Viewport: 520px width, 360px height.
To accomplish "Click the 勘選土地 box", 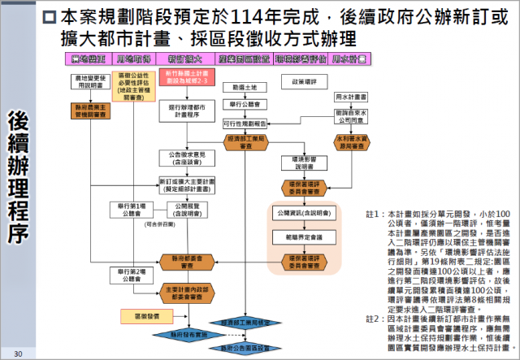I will [x=245, y=87].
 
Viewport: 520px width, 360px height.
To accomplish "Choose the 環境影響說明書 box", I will [x=297, y=160].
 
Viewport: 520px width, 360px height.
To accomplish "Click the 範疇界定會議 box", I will [x=297, y=236].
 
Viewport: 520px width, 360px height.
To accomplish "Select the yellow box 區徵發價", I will [x=136, y=313].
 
